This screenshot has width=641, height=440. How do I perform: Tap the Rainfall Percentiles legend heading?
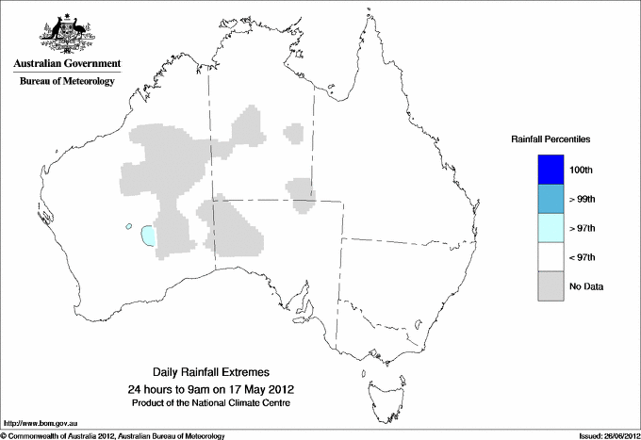(551, 139)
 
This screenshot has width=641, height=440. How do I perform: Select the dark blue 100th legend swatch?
(545, 169)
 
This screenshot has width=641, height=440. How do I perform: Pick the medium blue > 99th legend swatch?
(545, 199)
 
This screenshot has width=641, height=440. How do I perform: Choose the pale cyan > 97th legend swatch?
(545, 228)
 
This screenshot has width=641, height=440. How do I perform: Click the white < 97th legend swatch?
(545, 257)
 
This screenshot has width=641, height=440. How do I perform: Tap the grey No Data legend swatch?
(545, 286)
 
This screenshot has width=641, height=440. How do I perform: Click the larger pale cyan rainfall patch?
(147, 235)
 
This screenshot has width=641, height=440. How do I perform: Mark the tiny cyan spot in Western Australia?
(126, 226)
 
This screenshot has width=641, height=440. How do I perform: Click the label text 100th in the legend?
(581, 170)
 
